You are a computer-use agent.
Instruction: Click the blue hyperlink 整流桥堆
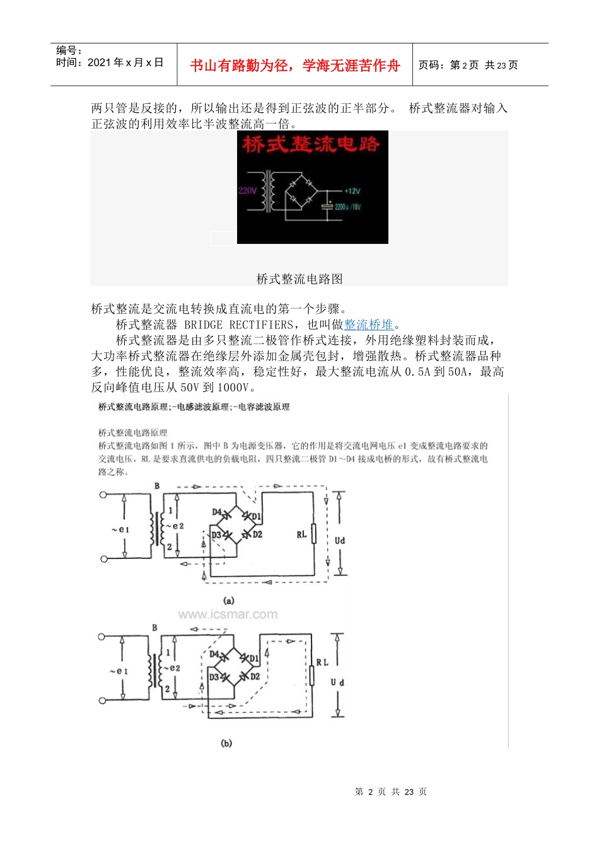pos(369,325)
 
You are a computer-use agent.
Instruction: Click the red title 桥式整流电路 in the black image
pos(311,144)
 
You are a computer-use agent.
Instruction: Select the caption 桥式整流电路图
pos(299,279)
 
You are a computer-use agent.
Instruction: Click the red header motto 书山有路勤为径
pos(240,66)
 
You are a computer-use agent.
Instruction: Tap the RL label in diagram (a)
pos(301,535)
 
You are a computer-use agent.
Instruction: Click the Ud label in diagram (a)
pos(340,541)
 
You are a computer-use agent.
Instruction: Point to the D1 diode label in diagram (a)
pos(256,517)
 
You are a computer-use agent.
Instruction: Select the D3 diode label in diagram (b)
pos(215,677)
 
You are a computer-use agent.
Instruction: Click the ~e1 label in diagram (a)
pos(120,530)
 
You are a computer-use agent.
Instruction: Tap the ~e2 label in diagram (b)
pos(172,668)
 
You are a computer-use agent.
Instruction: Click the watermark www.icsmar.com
pos(228,614)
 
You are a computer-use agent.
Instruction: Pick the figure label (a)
pos(228,601)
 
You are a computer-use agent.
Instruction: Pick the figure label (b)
pos(226,744)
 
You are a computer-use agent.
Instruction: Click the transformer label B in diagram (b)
pos(155,628)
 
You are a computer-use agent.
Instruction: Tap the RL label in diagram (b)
pos(322,662)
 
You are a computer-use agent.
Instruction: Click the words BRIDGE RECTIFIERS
pos(239,325)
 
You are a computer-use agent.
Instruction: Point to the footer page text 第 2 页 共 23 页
pos(391,792)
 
